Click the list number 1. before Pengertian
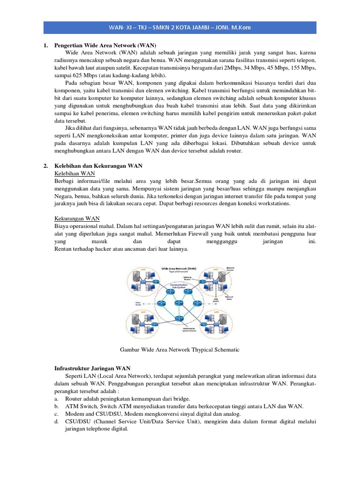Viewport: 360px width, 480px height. click(x=45, y=45)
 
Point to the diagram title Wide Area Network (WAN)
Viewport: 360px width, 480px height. click(x=179, y=269)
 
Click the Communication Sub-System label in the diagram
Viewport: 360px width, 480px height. click(x=180, y=285)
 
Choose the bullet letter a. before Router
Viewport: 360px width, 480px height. click(x=57, y=398)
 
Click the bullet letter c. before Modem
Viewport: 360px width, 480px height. click(x=57, y=413)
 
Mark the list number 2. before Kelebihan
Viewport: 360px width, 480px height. click(x=45, y=165)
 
